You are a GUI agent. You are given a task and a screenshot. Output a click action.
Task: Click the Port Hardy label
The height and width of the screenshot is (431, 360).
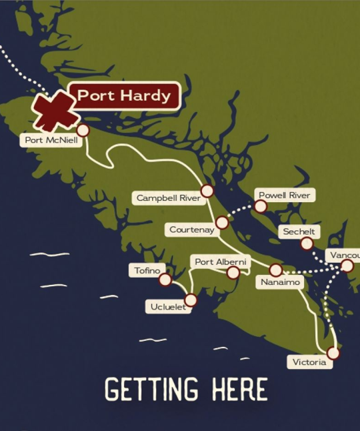click(125, 95)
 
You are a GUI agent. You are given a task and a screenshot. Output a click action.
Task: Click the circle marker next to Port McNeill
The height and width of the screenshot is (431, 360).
click(83, 130)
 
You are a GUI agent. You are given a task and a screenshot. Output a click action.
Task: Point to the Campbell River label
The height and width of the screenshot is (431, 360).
click(169, 198)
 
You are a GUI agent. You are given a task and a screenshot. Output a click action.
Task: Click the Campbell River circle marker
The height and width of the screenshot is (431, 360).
click(207, 191)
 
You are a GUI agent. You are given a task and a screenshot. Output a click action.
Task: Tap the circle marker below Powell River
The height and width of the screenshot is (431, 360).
click(261, 207)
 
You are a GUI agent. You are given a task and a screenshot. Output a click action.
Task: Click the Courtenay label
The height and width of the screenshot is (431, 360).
click(191, 230)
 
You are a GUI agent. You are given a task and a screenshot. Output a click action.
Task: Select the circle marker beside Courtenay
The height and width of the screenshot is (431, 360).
click(222, 223)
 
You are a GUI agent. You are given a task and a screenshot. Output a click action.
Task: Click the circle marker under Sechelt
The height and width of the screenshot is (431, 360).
click(307, 244)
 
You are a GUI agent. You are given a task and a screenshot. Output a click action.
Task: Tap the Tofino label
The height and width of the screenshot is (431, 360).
click(147, 270)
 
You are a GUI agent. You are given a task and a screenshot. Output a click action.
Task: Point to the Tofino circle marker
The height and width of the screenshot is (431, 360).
click(165, 280)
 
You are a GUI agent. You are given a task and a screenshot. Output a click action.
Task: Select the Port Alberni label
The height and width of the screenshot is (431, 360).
click(220, 262)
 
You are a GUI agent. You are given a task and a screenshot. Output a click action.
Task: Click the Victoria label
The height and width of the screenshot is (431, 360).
click(309, 362)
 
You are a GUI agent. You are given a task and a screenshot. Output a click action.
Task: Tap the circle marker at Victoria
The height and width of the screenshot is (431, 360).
click(333, 353)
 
